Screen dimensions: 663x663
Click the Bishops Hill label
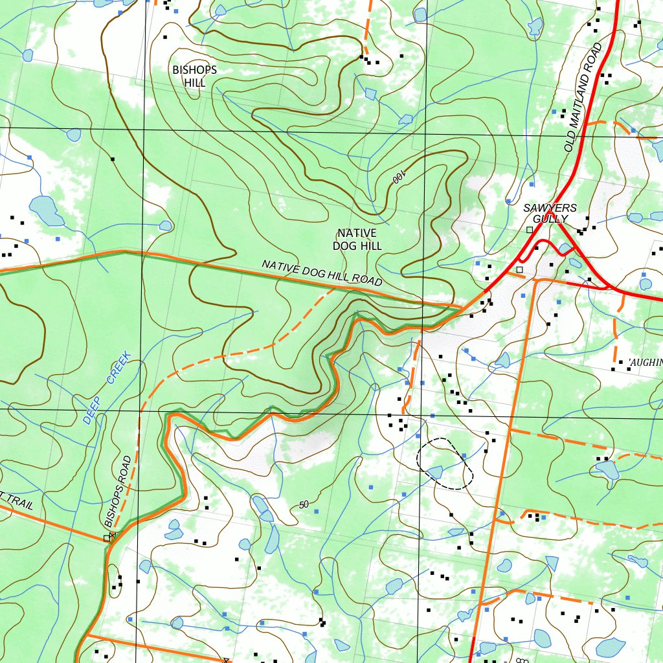pyautogui.click(x=194, y=76)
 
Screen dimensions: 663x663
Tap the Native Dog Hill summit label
pyautogui.click(x=357, y=239)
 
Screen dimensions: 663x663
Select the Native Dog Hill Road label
pyautogui.click(x=322, y=273)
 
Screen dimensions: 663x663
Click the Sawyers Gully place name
pyautogui.click(x=550, y=213)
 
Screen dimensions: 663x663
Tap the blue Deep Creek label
pyautogui.click(x=107, y=387)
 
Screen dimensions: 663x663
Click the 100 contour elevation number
pyautogui.click(x=398, y=176)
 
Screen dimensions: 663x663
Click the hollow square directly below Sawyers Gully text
pyautogui.click(x=530, y=230)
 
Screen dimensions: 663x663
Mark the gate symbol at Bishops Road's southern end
pyautogui.click(x=108, y=537)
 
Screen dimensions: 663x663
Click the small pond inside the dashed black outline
pyautogui.click(x=436, y=471)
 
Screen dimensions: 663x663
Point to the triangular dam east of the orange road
pyautogui.click(x=551, y=562)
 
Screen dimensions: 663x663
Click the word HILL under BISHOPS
pyautogui.click(x=194, y=83)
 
